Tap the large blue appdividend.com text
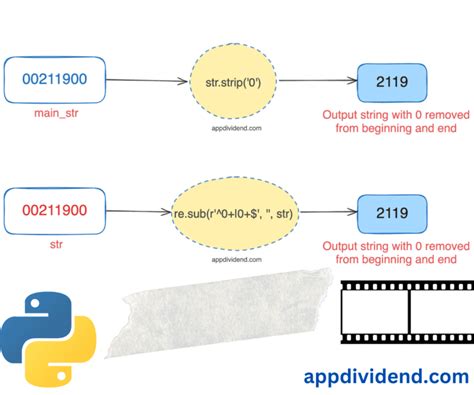click(385, 376)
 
